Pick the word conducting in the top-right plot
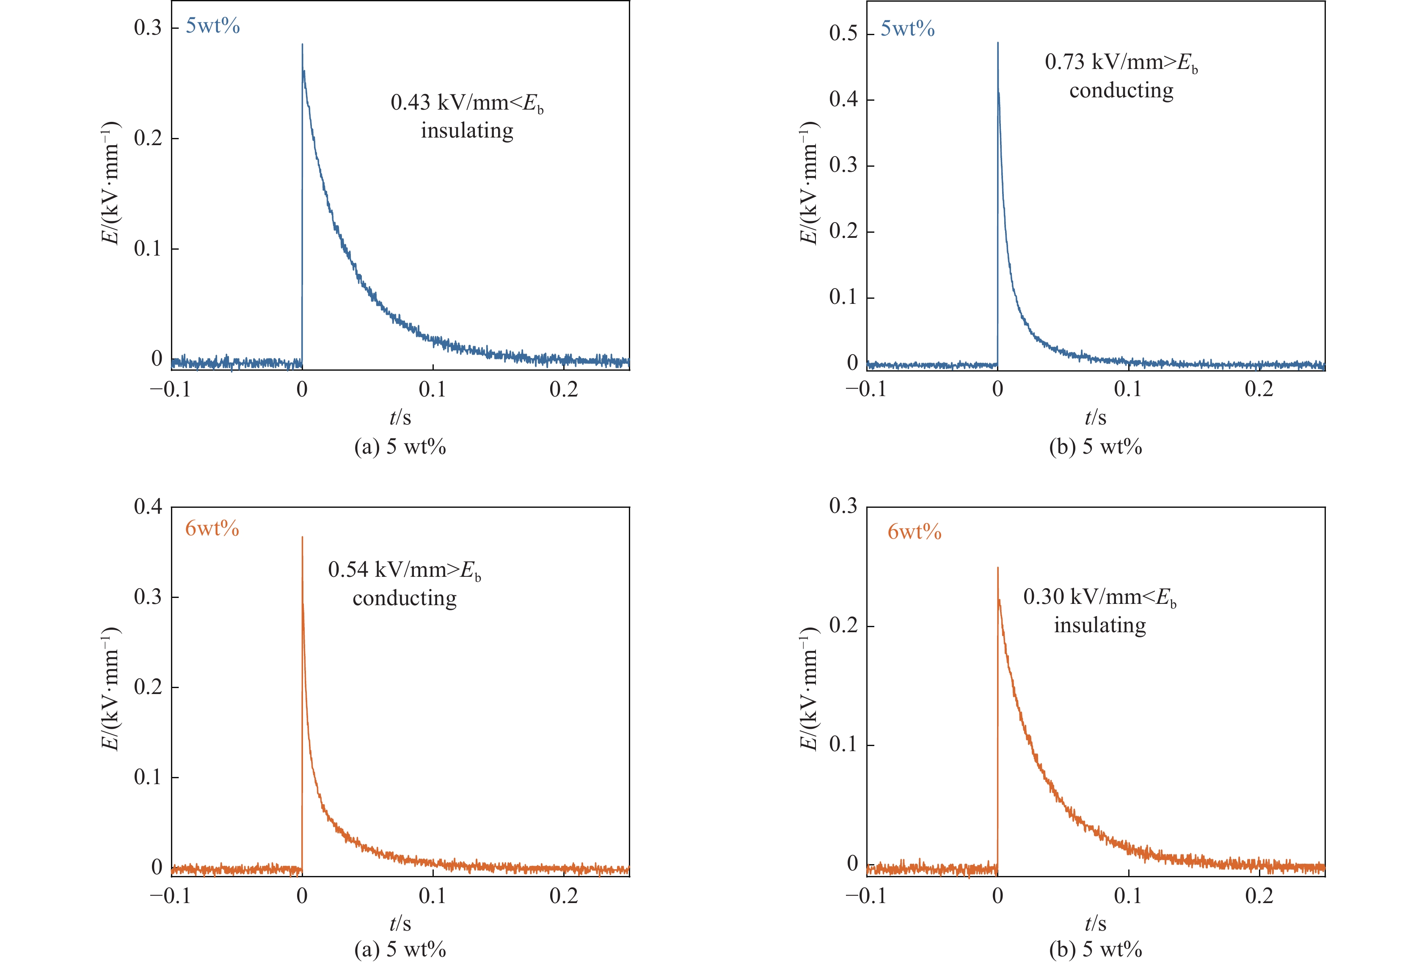pos(1121,91)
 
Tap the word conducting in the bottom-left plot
pos(405,598)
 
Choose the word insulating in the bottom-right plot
pos(1100,625)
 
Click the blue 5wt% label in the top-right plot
pos(907,29)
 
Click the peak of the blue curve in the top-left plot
pos(302,44)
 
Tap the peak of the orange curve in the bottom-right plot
pos(997,568)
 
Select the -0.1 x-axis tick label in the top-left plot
pos(171,389)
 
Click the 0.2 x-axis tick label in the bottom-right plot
pos(1259,896)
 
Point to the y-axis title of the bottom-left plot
pos(111,689)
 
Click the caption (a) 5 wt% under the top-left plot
pos(399,447)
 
